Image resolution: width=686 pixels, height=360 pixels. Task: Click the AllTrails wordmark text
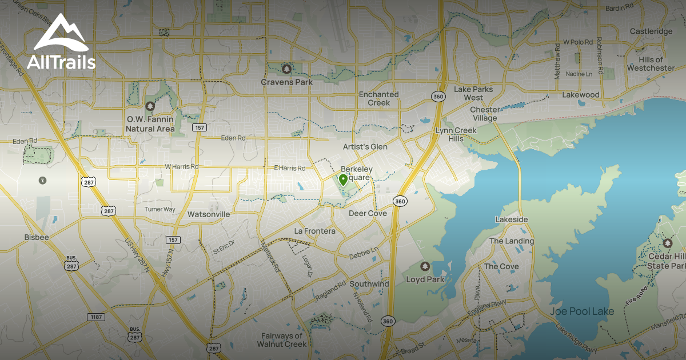(x=61, y=62)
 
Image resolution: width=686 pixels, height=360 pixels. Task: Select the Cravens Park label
(x=287, y=82)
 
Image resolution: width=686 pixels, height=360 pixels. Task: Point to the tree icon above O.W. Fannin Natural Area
(x=150, y=106)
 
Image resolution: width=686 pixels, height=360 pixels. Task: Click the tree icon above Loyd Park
(x=425, y=266)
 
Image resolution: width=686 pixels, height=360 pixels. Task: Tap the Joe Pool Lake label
(x=582, y=311)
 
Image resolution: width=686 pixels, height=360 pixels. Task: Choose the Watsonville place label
(x=209, y=214)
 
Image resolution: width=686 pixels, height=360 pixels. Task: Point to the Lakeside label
(x=511, y=219)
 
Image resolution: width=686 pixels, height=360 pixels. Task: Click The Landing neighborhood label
(x=511, y=241)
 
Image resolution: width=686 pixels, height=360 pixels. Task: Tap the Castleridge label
(x=651, y=31)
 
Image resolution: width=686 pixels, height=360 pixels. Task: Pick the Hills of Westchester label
(x=651, y=64)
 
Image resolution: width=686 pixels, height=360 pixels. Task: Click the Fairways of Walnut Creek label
(x=282, y=340)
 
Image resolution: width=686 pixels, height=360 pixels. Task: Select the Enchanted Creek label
(x=378, y=98)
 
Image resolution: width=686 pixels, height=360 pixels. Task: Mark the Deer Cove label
(x=368, y=213)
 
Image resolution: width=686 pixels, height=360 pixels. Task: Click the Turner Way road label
(x=159, y=209)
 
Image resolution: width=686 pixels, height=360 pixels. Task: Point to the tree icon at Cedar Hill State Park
(x=667, y=243)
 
